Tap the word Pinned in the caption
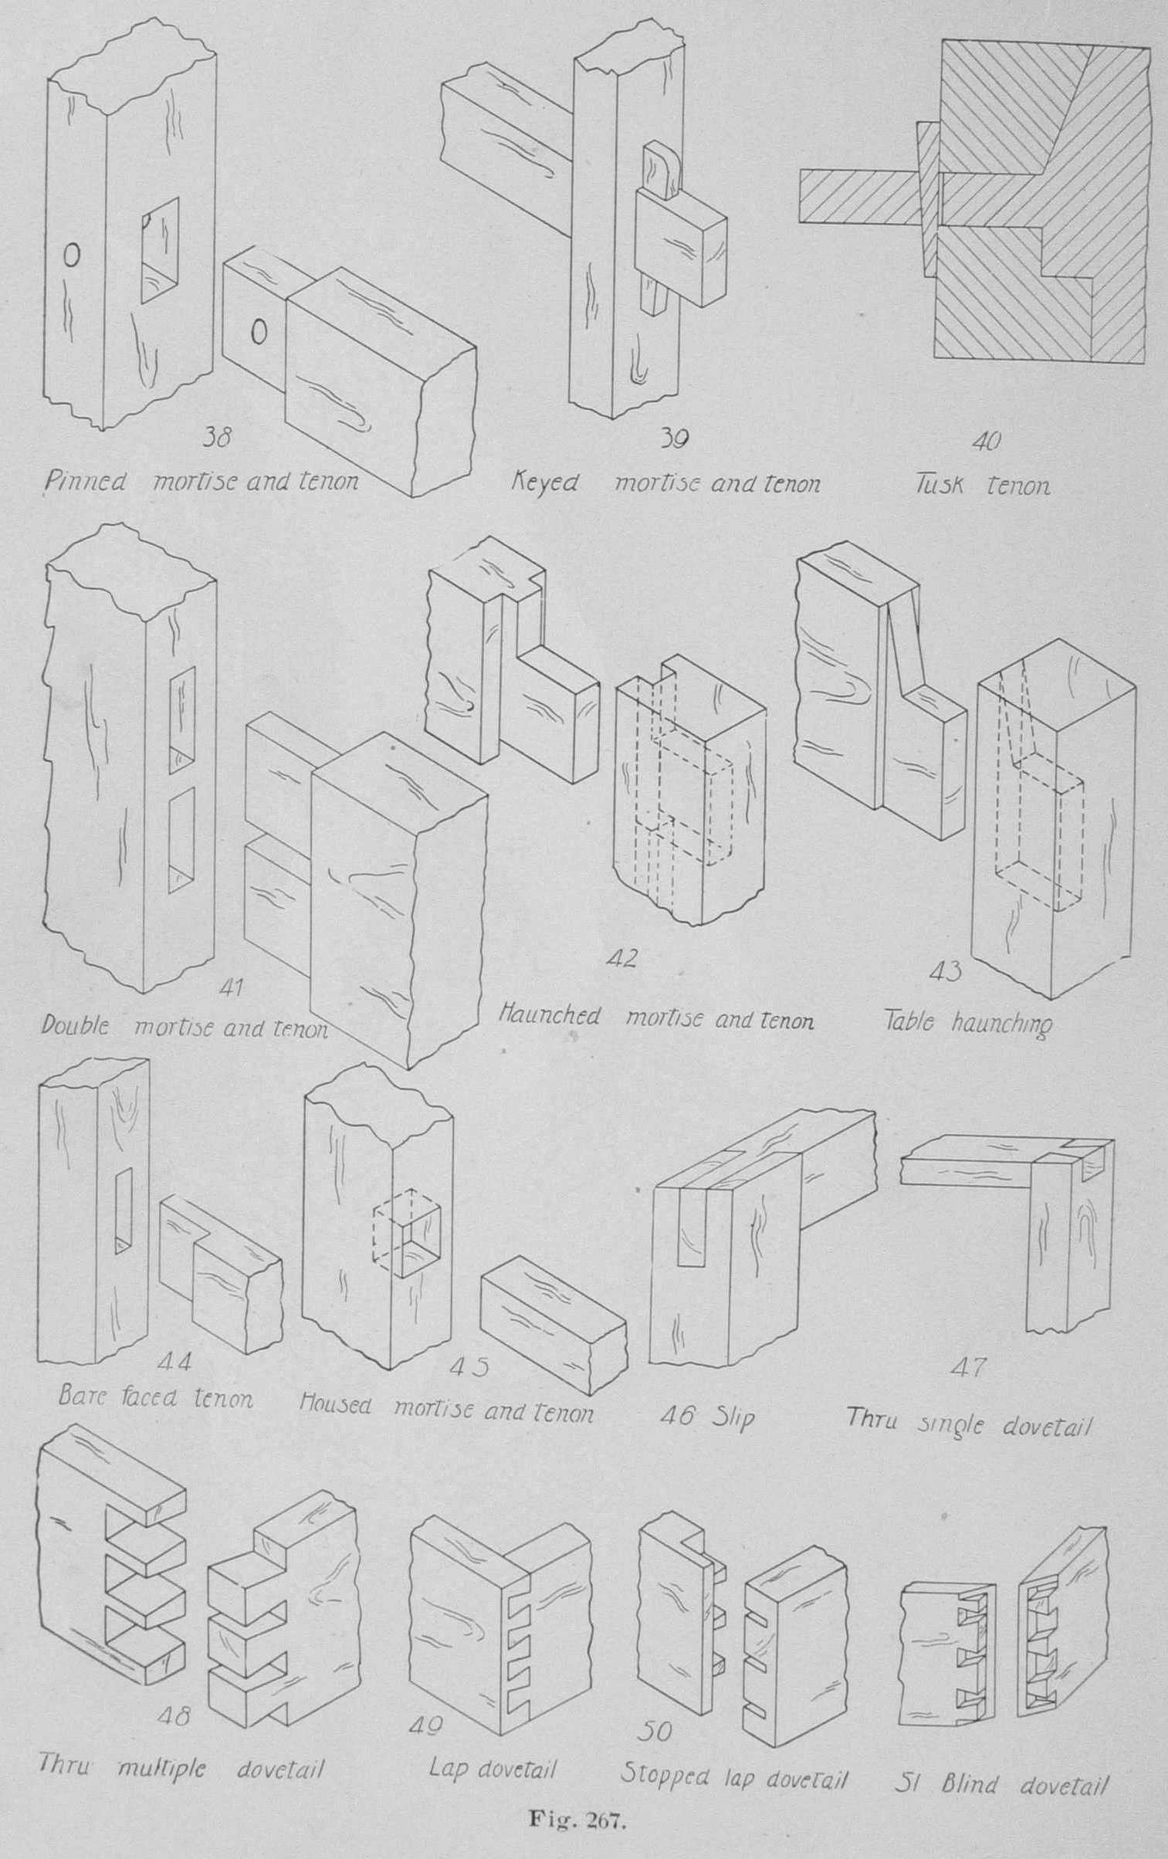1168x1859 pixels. point(83,483)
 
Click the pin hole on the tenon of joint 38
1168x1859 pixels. point(259,333)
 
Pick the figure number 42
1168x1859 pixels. point(623,959)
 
